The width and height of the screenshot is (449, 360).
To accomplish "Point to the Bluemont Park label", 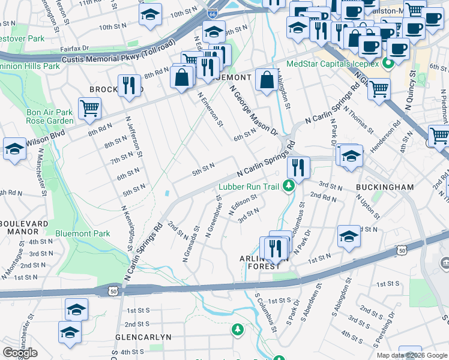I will coord(82,233).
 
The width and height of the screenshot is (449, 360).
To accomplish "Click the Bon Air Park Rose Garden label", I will coord(49,116).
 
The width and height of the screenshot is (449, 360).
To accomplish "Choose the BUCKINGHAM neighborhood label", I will coord(385,187).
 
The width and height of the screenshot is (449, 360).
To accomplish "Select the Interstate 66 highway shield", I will coord(212,13).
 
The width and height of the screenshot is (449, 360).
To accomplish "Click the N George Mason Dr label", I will coord(253,110).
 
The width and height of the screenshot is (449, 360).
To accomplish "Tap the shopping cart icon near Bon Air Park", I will coord(89,108).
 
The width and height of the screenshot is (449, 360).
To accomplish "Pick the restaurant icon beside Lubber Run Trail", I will coord(298,167).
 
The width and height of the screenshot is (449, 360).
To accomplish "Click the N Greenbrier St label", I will coord(215,215).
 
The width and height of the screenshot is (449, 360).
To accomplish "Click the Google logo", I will coord(20,353).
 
